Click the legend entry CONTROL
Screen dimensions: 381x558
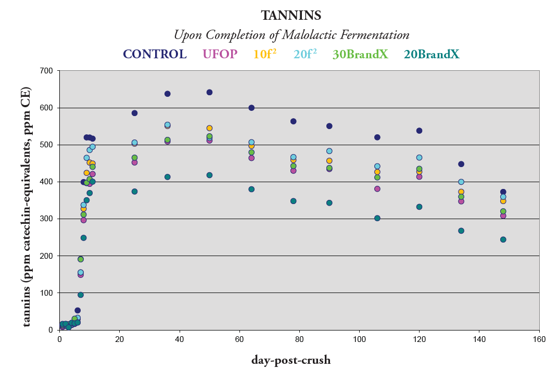coord(155,54)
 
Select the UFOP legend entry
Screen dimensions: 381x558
coord(219,54)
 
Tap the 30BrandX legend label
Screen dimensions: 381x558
coord(360,54)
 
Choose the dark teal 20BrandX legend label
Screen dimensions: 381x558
coord(432,54)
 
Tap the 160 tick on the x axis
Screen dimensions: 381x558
coord(539,339)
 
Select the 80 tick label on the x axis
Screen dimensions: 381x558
coord(299,339)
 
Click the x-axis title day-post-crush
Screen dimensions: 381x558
coord(291,360)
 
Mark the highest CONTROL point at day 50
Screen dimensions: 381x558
coord(209,92)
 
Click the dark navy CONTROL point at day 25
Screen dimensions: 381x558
coord(134,113)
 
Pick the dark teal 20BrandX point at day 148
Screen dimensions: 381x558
coord(503,239)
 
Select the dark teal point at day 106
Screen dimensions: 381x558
coord(377,218)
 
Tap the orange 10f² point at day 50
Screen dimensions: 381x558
coord(209,128)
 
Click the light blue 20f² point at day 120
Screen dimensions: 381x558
coord(419,157)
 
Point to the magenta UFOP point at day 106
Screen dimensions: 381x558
coord(377,188)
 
